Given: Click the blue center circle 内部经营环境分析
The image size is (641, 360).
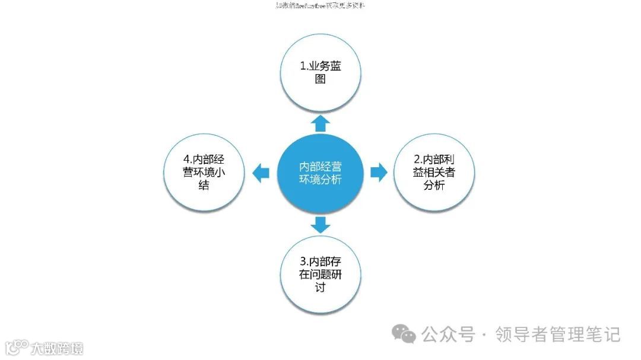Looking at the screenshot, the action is [320, 173].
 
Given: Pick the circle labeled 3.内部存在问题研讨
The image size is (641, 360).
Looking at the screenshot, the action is [320, 275].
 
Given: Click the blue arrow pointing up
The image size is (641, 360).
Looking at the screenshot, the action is [320, 123].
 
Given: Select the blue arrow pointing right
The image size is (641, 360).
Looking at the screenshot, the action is [378, 173].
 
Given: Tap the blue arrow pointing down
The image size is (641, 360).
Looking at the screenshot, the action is [320, 224].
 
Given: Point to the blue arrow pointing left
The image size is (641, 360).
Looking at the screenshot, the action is [261, 173].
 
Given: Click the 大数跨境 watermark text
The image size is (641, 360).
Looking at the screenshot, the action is [57, 348].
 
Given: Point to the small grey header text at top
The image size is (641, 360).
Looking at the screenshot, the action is [320, 5].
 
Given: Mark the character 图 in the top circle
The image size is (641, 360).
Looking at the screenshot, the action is [320, 79].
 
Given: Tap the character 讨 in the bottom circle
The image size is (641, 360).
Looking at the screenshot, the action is [320, 288].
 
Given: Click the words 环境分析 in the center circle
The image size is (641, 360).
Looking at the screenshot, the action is [320, 180].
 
